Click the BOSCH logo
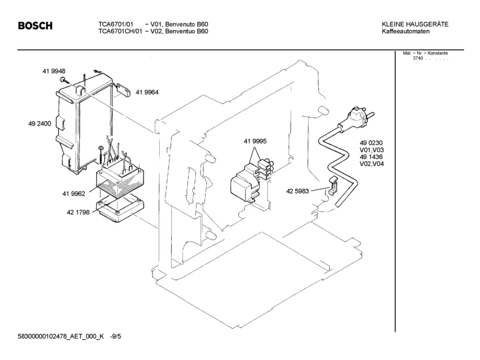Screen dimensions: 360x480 tap(35, 26)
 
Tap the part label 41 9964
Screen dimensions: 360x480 tap(146, 92)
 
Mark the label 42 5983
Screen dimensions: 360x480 tap(298, 191)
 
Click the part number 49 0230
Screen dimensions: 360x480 tap(371, 143)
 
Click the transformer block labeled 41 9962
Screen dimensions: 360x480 tap(120, 177)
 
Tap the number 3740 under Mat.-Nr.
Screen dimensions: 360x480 tap(418, 58)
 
